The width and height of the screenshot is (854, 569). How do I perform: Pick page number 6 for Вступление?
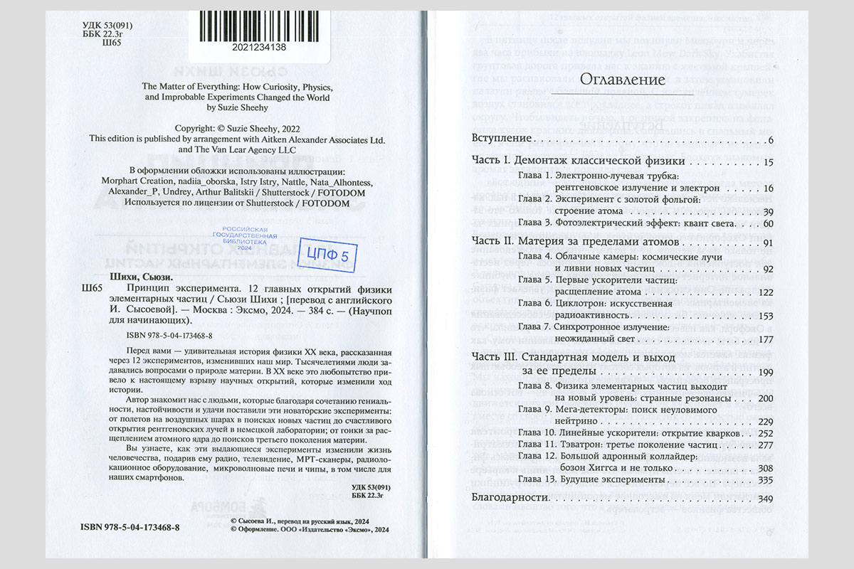pyautogui.click(x=770, y=138)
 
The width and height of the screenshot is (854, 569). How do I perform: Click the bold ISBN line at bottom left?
pyautogui.click(x=130, y=527)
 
